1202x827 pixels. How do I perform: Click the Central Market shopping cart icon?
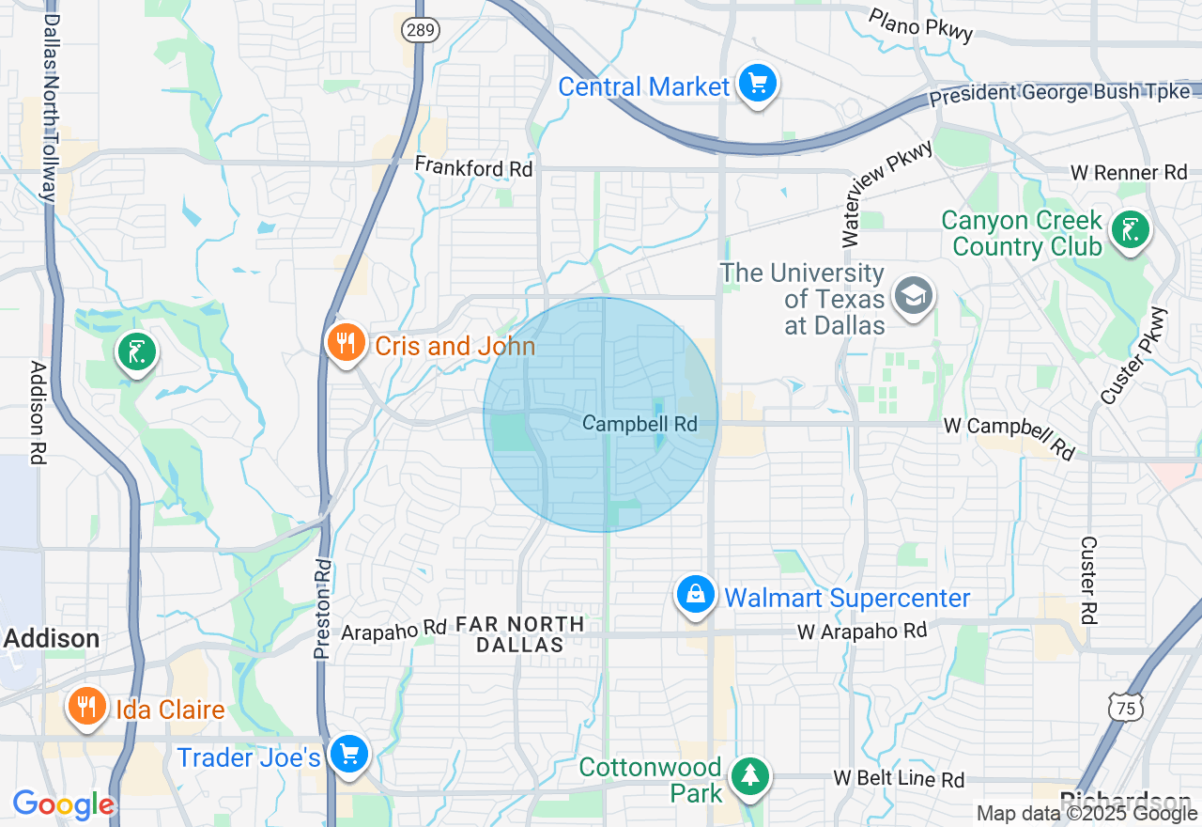coord(757,86)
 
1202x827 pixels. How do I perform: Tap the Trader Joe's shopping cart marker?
coord(349,754)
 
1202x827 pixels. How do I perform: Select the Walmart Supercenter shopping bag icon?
coord(695,595)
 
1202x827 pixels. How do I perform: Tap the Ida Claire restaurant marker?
coord(86,706)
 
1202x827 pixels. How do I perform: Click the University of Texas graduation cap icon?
coord(911,295)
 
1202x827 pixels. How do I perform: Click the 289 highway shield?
coord(420,30)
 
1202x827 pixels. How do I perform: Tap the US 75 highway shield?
coord(1125,708)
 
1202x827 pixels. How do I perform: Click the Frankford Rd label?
coord(474,167)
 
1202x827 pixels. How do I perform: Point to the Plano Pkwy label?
coord(920,25)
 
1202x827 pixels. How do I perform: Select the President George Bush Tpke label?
coord(1060,94)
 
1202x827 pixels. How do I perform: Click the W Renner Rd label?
coord(1130,173)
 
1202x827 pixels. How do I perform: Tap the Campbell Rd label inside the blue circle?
coord(640,424)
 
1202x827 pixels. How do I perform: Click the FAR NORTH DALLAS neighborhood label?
coord(519,634)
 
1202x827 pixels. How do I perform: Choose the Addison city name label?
coord(52,639)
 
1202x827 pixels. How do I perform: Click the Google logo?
coord(63,804)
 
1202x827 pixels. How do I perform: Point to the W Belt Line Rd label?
coord(899,779)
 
